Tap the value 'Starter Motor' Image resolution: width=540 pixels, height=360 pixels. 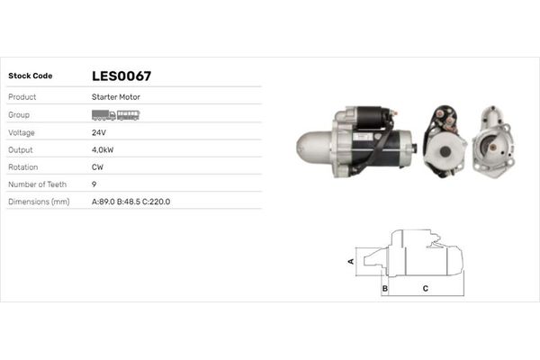pos(115,96)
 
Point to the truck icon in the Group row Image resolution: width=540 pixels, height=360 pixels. pos(103,115)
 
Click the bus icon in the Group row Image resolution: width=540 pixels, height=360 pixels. pos(129,115)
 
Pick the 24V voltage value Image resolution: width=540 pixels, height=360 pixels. pos(100,132)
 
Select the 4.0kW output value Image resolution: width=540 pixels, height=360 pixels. pos(104,149)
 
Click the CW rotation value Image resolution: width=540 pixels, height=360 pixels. pos(98,166)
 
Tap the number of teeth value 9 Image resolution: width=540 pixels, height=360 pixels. pos(94,184)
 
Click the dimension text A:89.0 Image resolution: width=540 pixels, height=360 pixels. pos(104,202)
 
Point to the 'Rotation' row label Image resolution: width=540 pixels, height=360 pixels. pos(23,166)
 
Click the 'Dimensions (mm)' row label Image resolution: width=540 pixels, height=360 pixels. pos(39,202)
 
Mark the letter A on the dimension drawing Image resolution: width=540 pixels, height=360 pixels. pos(351,261)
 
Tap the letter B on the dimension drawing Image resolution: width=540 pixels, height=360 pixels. pos(385,288)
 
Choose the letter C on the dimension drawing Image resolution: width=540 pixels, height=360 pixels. pos(425,288)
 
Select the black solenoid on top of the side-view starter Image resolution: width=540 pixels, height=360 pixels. pos(372,117)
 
